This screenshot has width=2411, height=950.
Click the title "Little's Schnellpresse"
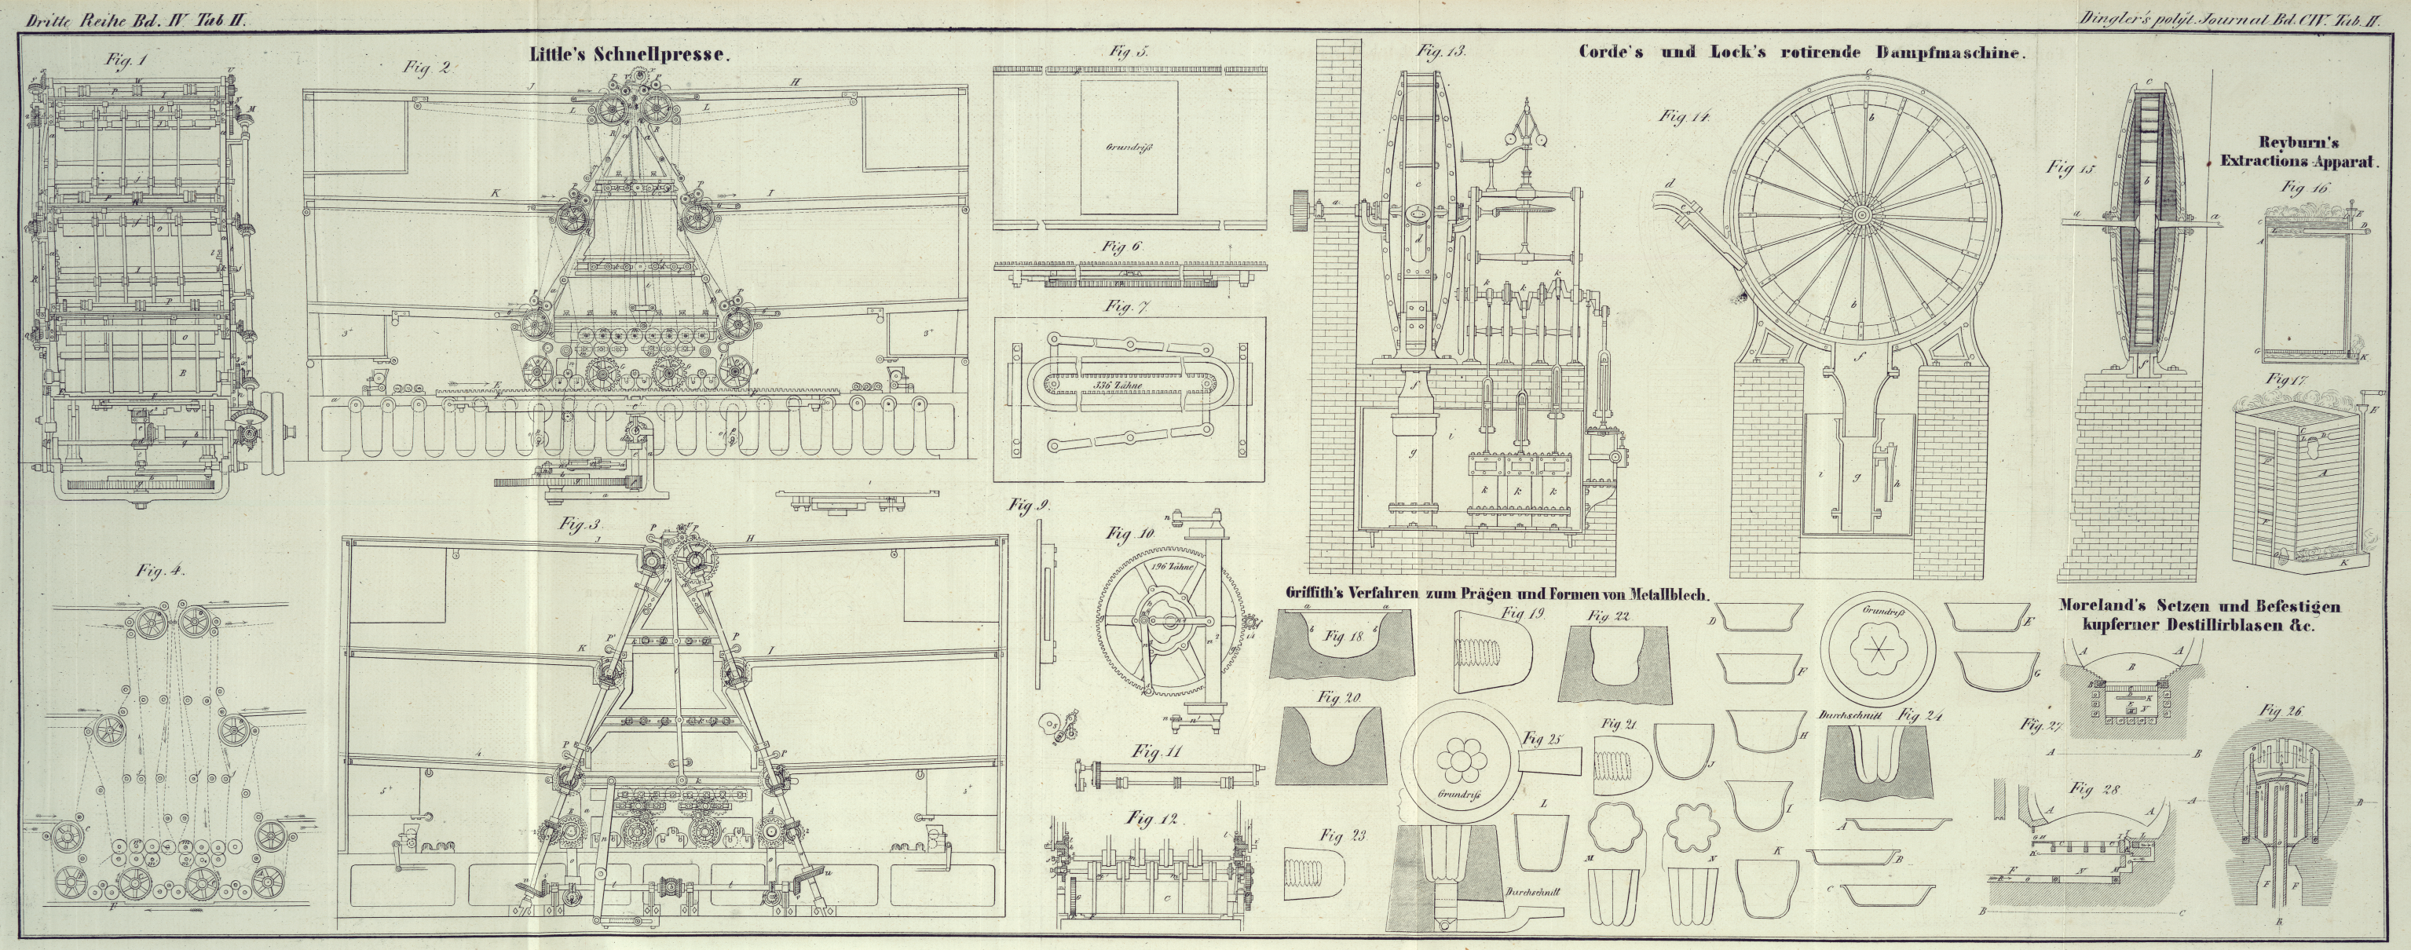click(628, 54)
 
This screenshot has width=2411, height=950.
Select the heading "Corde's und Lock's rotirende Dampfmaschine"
click(1802, 53)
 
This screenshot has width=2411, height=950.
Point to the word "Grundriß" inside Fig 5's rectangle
click(1127, 148)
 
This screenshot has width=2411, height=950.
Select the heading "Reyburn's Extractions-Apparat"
click(2303, 152)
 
